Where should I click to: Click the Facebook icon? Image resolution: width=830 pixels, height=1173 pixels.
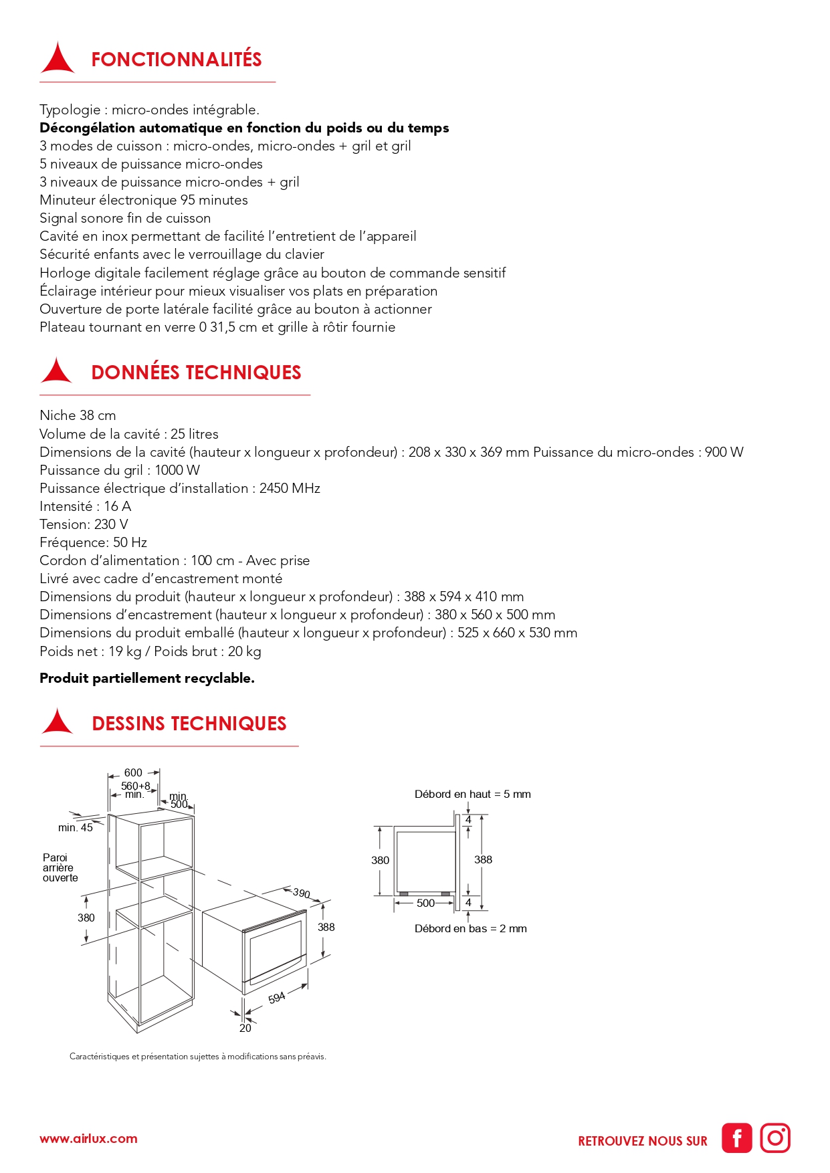pos(736,1138)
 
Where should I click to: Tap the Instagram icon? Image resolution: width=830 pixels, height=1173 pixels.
pos(775,1138)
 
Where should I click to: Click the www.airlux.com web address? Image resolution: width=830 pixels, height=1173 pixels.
pos(88,1139)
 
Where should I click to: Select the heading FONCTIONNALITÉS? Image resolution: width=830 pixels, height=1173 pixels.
pos(177,60)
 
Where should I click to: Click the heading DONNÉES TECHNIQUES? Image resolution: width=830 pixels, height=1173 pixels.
pos(196,372)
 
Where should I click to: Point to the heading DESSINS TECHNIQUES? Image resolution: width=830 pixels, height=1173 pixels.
pos(189,724)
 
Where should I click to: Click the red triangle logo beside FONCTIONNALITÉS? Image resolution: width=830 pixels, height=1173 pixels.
pos(58,59)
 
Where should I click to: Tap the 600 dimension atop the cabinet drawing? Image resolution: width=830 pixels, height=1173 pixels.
pos(133,772)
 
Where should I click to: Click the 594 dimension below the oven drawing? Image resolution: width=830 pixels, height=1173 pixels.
pos(277,998)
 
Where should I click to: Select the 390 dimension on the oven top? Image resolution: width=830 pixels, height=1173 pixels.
pos(302,893)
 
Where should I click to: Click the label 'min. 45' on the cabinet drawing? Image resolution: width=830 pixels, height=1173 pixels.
pos(76,828)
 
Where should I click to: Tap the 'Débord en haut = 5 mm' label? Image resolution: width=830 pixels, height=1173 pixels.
pos(472,794)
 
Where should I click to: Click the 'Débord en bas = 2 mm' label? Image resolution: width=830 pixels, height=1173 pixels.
pos(470,929)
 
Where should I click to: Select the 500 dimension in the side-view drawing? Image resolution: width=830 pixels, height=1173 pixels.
pos(425,903)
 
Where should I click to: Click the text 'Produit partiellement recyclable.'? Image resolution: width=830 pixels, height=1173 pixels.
pos(147,678)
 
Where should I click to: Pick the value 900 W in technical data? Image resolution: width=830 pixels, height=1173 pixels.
pos(724,452)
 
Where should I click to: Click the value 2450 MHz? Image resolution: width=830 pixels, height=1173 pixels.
pos(290,488)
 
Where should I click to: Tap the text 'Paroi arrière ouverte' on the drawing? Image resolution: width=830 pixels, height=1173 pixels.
pos(60,867)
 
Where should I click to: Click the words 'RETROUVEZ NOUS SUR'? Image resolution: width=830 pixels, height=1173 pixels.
pos(642,1142)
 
